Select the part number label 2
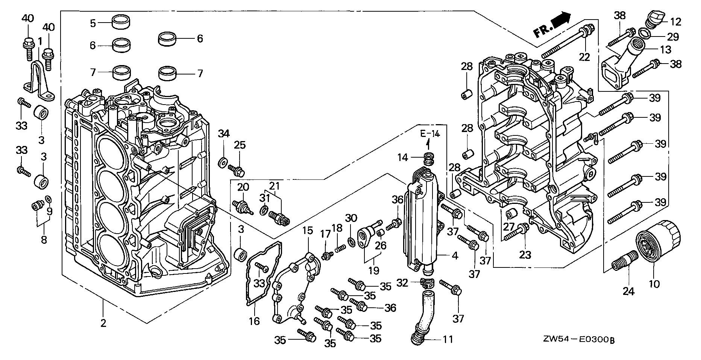[x=103, y=323]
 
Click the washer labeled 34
[x=222, y=163]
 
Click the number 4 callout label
[x=455, y=256]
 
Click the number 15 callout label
[x=308, y=231]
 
